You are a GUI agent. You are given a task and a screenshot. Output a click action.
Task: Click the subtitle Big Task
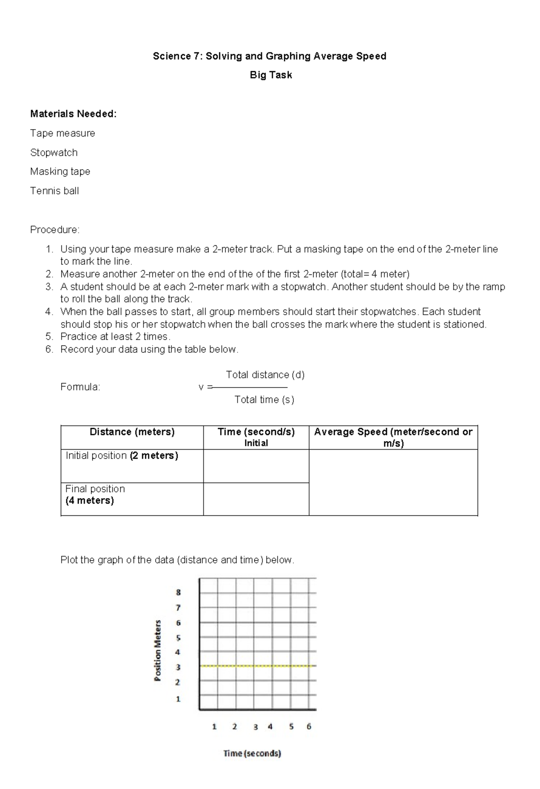pyautogui.click(x=270, y=75)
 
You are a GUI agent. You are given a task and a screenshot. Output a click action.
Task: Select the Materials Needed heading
pyautogui.click(x=73, y=114)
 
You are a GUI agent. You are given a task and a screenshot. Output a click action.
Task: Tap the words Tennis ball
pyautogui.click(x=54, y=191)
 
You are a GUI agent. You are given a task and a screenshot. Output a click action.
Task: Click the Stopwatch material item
pyautogui.click(x=54, y=153)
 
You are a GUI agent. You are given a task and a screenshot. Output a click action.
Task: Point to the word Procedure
pyautogui.click(x=54, y=230)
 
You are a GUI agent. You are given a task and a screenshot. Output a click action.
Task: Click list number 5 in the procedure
pyautogui.click(x=49, y=337)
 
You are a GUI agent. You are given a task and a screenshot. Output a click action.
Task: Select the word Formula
pyautogui.click(x=80, y=387)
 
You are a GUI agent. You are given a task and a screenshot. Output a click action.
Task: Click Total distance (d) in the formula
pyautogui.click(x=265, y=374)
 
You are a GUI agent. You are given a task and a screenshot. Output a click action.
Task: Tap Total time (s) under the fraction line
pyautogui.click(x=264, y=400)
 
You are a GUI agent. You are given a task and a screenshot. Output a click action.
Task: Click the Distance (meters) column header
pyautogui.click(x=132, y=432)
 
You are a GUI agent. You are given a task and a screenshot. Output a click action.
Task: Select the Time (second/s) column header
pyautogui.click(x=256, y=432)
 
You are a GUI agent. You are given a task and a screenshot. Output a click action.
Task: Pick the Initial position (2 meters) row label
pyautogui.click(x=122, y=456)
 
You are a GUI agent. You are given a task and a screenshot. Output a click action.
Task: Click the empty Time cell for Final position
pyautogui.click(x=256, y=499)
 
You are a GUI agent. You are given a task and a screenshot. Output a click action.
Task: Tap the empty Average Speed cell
pyautogui.click(x=393, y=482)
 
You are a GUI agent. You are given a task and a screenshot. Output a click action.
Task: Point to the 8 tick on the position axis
pyautogui.click(x=178, y=593)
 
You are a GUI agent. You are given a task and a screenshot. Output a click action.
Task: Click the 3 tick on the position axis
pyautogui.click(x=178, y=667)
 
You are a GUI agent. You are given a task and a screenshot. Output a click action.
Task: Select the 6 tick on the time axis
pyautogui.click(x=309, y=726)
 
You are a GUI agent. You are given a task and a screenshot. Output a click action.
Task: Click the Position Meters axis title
pyautogui.click(x=158, y=650)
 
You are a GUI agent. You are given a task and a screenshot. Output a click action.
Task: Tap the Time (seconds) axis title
pyautogui.click(x=252, y=753)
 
